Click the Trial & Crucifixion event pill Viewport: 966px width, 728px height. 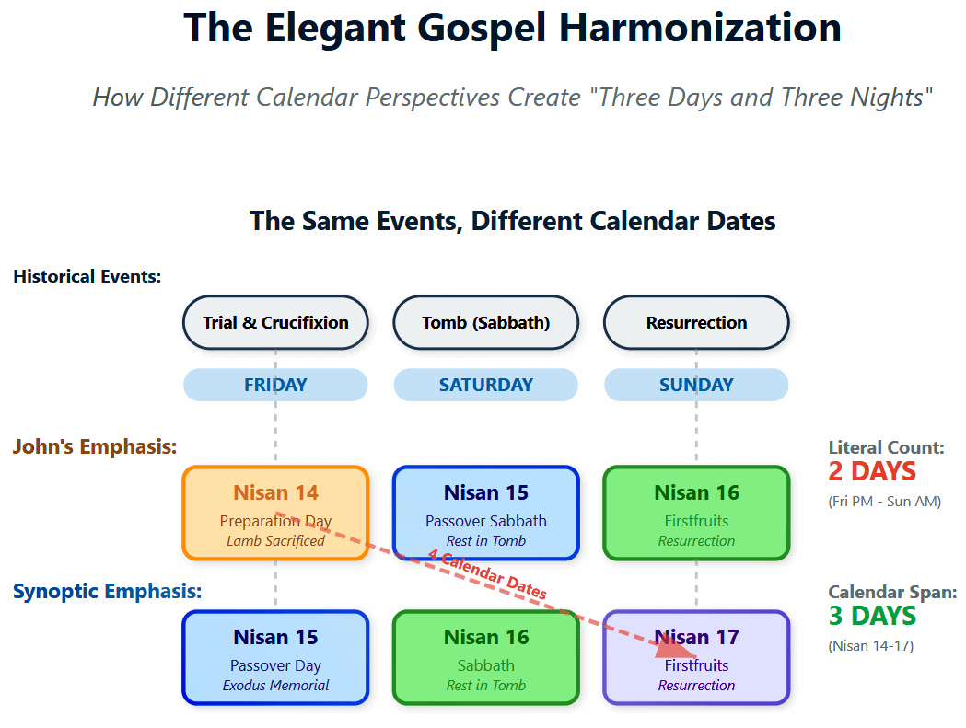click(275, 322)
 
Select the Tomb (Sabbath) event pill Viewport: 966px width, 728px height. click(486, 322)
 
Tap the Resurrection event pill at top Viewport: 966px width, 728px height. click(696, 322)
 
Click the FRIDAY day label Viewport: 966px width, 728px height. click(275, 385)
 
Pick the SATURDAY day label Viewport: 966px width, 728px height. click(486, 385)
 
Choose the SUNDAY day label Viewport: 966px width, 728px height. click(696, 385)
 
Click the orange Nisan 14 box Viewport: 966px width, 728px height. click(275, 513)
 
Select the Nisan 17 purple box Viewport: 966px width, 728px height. click(696, 657)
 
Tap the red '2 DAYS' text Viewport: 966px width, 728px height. click(872, 471)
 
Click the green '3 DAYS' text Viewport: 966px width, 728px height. click(872, 616)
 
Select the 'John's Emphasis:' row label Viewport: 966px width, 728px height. click(95, 446)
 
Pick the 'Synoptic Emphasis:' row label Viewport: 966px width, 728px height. click(107, 591)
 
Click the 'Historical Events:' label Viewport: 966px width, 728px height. click(87, 276)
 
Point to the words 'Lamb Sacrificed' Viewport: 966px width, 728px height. click(275, 541)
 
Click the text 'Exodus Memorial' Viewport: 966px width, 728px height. click(275, 686)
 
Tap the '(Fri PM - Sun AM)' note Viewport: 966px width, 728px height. click(885, 502)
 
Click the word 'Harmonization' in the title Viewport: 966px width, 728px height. click(700, 28)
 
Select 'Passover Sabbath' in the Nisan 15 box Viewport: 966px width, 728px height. click(486, 521)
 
